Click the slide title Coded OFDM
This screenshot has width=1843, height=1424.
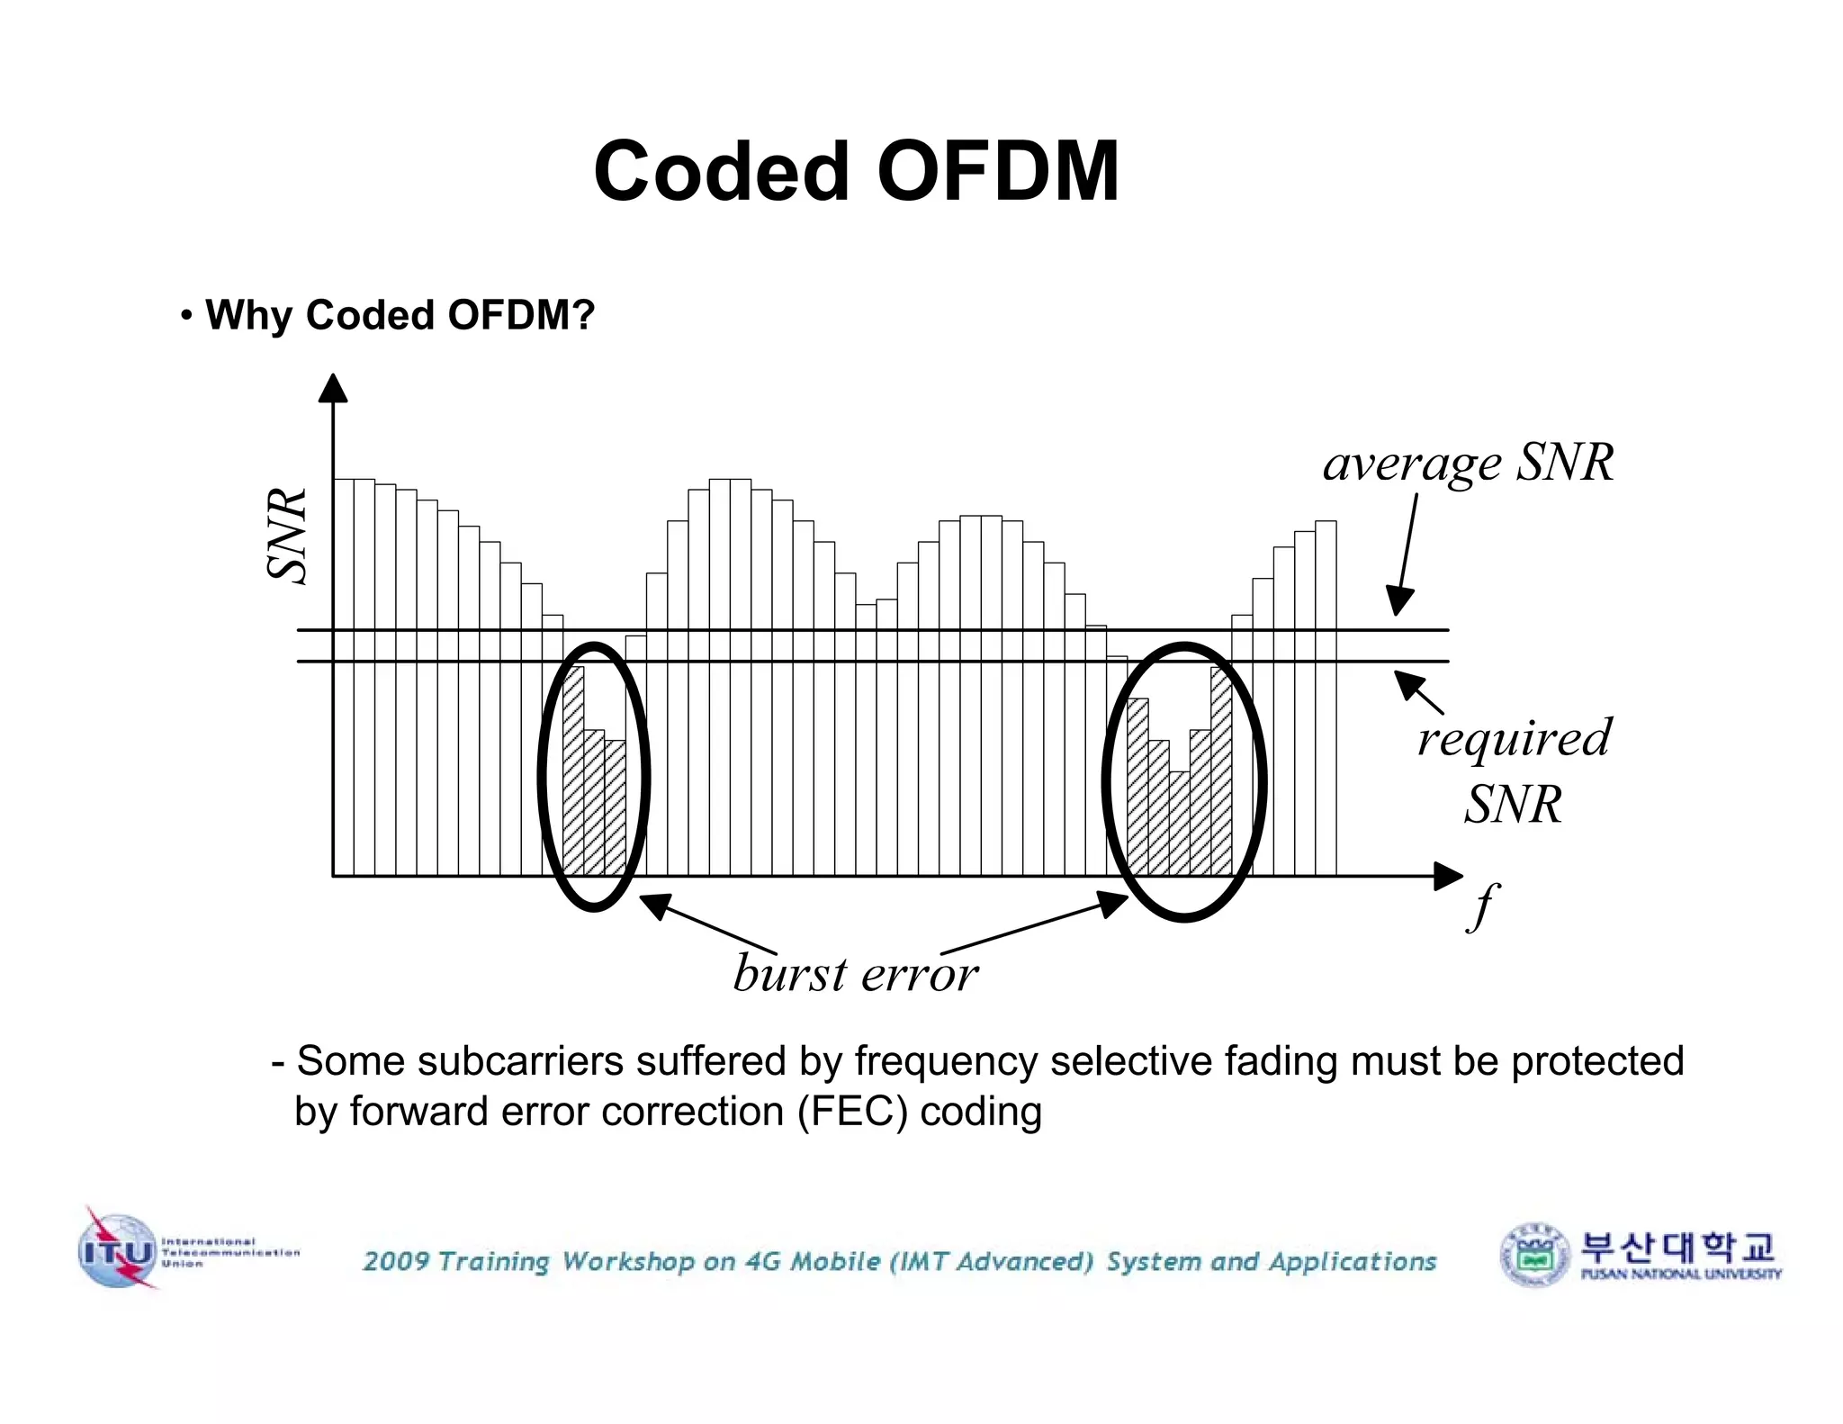pos(856,171)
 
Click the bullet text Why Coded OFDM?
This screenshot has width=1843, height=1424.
pos(400,315)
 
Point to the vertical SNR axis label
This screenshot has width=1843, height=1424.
pos(289,536)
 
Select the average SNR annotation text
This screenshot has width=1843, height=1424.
pos(1468,463)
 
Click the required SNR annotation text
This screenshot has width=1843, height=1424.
pos(1514,771)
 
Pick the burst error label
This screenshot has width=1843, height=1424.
pos(855,974)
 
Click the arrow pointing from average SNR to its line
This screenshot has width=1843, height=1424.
pos(1407,554)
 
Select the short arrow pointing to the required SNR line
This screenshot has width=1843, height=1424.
pos(1418,693)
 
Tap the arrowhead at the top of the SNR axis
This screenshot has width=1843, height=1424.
pos(333,388)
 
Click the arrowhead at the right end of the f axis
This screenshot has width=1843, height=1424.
pos(1447,876)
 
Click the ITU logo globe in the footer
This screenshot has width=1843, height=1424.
pos(117,1250)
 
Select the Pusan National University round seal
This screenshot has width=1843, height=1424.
pos(1535,1254)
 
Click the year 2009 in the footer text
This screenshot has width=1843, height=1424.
pos(396,1261)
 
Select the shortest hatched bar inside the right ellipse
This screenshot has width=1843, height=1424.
pos(1179,823)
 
